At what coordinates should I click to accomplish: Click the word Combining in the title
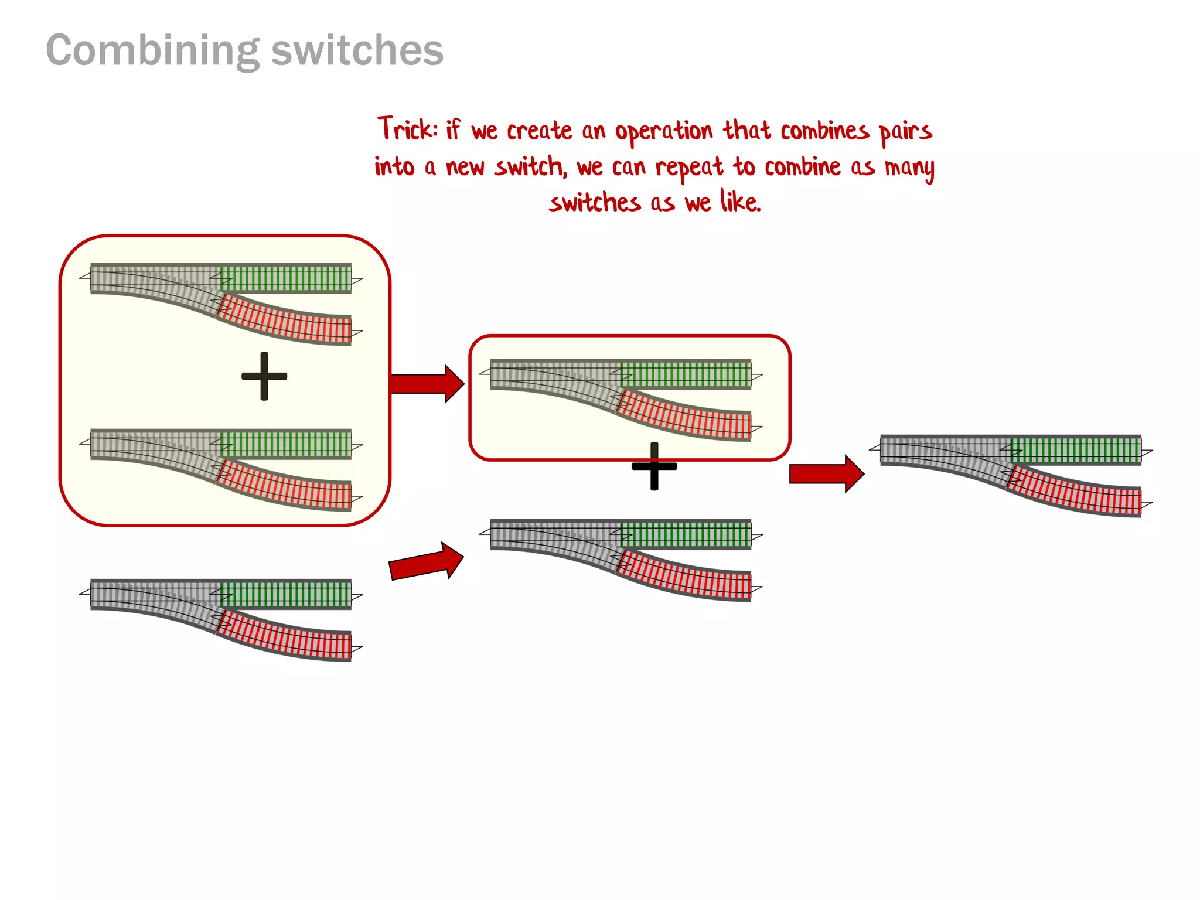coord(152,52)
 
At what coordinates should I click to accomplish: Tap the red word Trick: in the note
coord(407,129)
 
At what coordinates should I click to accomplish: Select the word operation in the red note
coord(663,132)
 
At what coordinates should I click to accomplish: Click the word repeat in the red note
coord(689,168)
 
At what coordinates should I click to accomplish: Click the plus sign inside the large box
coord(264,376)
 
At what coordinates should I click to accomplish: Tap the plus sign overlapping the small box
coord(654,466)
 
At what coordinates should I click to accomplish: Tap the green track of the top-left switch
coord(286,278)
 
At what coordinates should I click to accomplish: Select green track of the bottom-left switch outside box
coord(286,594)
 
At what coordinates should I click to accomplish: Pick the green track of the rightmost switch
coord(1076,450)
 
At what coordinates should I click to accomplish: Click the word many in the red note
coord(909,168)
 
